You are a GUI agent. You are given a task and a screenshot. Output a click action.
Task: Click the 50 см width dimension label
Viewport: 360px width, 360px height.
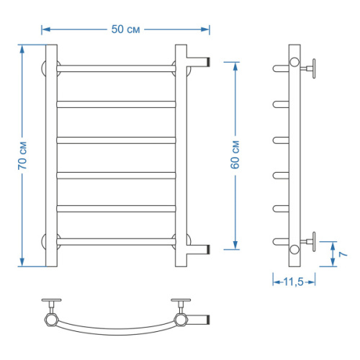tap(126, 30)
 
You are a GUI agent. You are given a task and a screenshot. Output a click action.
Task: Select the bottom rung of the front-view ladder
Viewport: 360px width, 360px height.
tap(116, 238)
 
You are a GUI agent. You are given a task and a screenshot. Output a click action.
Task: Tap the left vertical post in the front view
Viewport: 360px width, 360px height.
tap(51, 155)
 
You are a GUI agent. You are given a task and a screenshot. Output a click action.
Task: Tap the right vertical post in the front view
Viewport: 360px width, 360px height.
tap(181, 155)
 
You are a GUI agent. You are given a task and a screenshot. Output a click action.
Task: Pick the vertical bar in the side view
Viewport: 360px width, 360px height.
tap(293, 155)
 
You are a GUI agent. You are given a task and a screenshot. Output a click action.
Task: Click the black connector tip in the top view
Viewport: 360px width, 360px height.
tap(207, 318)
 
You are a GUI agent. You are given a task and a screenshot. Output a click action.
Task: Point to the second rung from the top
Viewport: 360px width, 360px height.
tap(116, 103)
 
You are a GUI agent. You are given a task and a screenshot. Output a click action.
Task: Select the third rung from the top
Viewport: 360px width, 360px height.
tap(116, 138)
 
